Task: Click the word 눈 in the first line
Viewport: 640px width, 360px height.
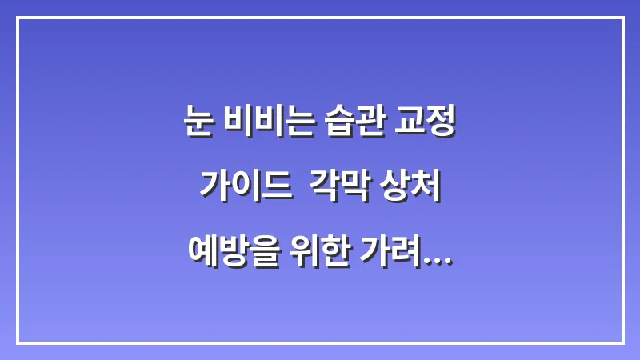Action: coord(198,123)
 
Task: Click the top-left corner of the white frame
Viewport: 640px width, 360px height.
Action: coord(18,18)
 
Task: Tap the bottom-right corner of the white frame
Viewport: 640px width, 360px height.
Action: coord(622,342)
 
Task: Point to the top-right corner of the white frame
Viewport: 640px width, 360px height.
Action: coord(622,18)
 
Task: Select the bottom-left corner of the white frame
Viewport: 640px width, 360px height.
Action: coord(18,342)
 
